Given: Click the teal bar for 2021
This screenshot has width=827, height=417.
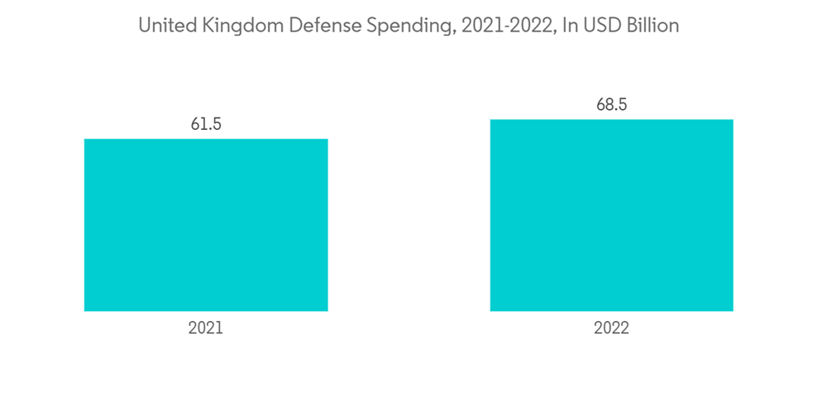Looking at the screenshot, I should (x=206, y=225).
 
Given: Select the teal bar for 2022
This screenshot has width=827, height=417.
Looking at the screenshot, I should (x=611, y=215).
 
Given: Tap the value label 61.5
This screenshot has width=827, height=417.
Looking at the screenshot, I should (x=206, y=124).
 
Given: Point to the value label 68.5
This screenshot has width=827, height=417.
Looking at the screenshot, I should (x=611, y=105).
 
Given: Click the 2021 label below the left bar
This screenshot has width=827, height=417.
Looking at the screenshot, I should (x=206, y=328).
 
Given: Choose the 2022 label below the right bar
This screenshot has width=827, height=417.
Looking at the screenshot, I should (x=611, y=328).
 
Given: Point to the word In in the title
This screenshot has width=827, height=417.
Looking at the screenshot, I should (x=569, y=26).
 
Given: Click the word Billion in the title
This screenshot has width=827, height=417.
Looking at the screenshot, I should (x=651, y=26).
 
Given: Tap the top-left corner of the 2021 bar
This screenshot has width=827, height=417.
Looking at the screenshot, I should (x=85, y=140).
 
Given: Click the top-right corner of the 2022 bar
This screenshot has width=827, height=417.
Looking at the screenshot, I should (x=732, y=121).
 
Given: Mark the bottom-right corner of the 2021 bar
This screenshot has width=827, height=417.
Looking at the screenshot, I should (x=327, y=310).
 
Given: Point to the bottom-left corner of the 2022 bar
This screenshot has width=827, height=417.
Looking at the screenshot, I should (x=491, y=310).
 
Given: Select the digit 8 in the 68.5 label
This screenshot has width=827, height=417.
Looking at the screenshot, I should (x=607, y=105).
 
